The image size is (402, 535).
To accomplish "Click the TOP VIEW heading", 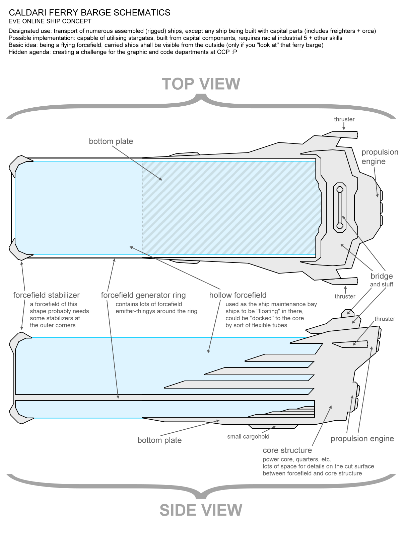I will pyautogui.click(x=201, y=84).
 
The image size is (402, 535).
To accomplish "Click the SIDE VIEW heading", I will pyautogui.click(x=201, y=510).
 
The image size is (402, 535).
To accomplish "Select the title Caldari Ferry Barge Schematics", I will pyautogui.click(x=89, y=13).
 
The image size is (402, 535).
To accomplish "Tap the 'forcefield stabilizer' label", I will pyautogui.click(x=46, y=295).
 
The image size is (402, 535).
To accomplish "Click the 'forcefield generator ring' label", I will pyautogui.click(x=143, y=295).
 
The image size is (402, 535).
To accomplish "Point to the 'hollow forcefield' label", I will pyautogui.click(x=238, y=295).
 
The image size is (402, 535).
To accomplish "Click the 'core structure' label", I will pyautogui.click(x=287, y=450).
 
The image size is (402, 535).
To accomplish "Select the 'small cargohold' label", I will pyautogui.click(x=248, y=436).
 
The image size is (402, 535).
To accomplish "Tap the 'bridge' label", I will pyautogui.click(x=382, y=276).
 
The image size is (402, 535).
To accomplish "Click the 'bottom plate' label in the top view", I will pyautogui.click(x=111, y=141).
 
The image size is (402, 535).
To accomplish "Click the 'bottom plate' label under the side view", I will pyautogui.click(x=159, y=440).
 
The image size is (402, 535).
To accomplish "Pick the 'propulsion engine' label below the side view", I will pyautogui.click(x=362, y=438).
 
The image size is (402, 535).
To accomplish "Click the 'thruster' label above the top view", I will pyautogui.click(x=344, y=119).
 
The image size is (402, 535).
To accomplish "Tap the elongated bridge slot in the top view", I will pyautogui.click(x=340, y=207).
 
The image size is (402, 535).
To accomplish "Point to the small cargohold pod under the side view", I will pyautogui.click(x=273, y=427).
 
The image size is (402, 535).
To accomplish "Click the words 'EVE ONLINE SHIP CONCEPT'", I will pyautogui.click(x=50, y=21).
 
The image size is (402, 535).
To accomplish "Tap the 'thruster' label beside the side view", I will pyautogui.click(x=385, y=319).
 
